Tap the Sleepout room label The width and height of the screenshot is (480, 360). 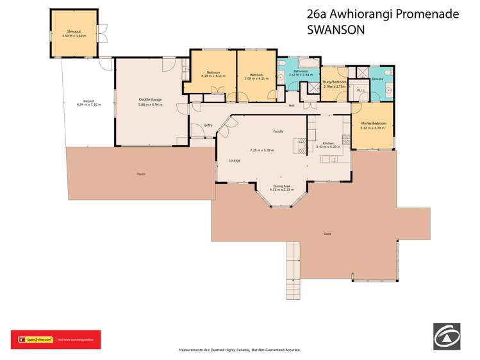pos(74,31)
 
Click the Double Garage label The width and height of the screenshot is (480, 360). pos(149,99)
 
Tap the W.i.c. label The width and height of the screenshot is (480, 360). pos(360,90)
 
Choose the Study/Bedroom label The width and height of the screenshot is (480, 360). pos(334,82)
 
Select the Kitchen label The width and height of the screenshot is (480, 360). pos(327,143)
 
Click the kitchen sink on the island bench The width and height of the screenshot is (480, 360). pos(334,158)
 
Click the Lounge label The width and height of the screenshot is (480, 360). pos(235,160)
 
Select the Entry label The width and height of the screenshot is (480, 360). pos(208,125)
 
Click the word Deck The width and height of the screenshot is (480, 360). pos(327,234)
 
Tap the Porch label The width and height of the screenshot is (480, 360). pos(140,174)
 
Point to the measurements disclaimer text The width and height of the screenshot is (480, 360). pos(239,350)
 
